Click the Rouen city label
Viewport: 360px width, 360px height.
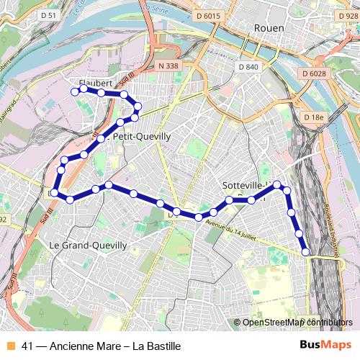[x=269, y=27]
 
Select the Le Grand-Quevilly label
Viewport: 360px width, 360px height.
[x=88, y=246]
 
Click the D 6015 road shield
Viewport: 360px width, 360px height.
[x=208, y=16]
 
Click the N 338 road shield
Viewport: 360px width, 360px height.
[x=166, y=66]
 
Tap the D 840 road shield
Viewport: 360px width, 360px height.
[x=246, y=67]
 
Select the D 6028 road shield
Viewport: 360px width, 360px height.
[x=314, y=73]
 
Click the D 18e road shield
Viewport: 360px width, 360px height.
[x=314, y=117]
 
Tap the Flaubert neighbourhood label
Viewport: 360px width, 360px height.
[x=96, y=83]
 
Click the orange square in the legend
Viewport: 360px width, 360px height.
[x=10, y=346]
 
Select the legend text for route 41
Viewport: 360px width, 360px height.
[x=101, y=346]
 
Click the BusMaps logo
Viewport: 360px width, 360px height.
[x=325, y=346]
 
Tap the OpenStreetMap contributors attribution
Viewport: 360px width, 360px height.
[x=297, y=323]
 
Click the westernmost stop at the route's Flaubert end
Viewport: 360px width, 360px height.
[x=73, y=91]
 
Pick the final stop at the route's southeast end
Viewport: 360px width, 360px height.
[x=306, y=251]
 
